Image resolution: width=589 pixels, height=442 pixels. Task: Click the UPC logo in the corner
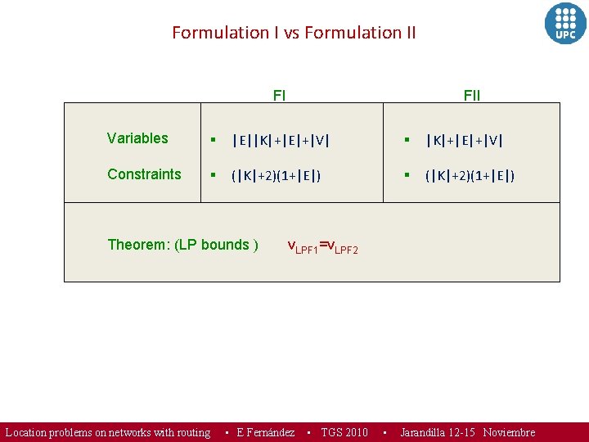(x=565, y=24)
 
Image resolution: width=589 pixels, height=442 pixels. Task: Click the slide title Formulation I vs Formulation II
(x=294, y=33)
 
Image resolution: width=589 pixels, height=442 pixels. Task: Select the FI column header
(x=279, y=95)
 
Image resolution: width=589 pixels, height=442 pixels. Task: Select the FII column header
(x=472, y=95)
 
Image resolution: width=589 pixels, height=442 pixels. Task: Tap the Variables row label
(x=137, y=138)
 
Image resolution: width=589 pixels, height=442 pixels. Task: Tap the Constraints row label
(x=144, y=174)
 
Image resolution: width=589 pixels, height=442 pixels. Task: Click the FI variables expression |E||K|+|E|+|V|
(x=281, y=140)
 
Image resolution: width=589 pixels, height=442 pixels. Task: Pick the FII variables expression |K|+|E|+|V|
(x=464, y=140)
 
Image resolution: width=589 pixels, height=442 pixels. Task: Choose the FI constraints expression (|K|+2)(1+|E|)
(x=276, y=175)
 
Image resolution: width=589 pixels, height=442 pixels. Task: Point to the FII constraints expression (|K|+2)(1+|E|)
(x=469, y=175)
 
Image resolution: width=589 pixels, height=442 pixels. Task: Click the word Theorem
(x=138, y=245)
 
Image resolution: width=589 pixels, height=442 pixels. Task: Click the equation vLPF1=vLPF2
(x=321, y=246)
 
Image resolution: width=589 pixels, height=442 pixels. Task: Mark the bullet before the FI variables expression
(x=211, y=140)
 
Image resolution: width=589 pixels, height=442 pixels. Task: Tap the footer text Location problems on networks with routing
(x=108, y=432)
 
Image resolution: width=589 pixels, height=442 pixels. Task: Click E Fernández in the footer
(x=265, y=432)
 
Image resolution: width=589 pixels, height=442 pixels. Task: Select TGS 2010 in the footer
(x=344, y=432)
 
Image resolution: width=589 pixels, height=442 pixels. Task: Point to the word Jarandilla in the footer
(x=428, y=432)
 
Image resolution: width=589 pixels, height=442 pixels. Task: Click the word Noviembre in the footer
(x=509, y=432)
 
